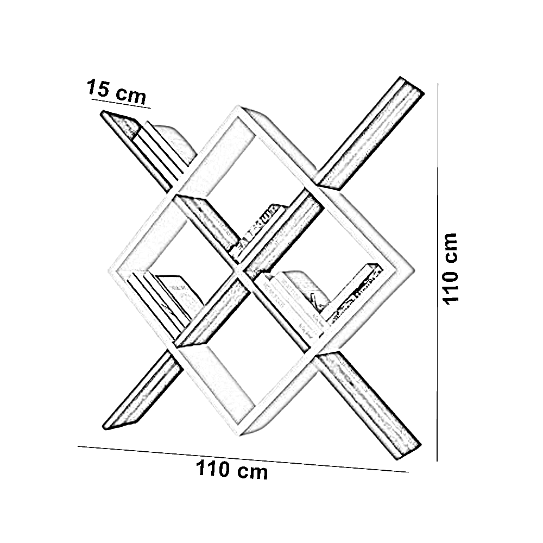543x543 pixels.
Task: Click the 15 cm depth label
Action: pos(116,91)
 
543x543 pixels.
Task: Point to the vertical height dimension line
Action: pos(438,271)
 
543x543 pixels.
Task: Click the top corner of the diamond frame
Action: pos(239,109)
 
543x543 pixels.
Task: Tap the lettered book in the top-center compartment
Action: pos(258,228)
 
